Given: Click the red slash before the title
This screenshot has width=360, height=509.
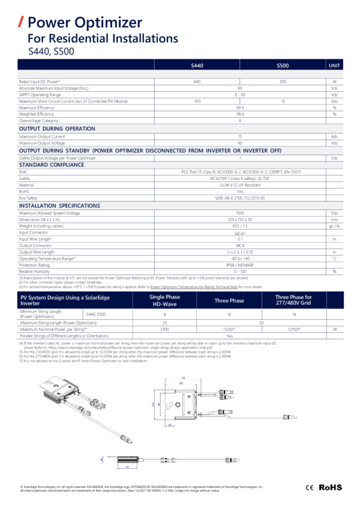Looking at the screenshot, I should (x=22, y=23).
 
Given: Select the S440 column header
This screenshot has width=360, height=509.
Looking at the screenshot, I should (x=197, y=65).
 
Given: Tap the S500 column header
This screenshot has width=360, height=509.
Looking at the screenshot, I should (x=283, y=65).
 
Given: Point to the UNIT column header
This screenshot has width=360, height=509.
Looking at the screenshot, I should (x=334, y=65).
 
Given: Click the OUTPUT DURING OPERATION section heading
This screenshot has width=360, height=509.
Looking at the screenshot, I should (x=57, y=129).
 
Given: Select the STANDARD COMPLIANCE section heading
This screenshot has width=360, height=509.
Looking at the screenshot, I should (x=52, y=164).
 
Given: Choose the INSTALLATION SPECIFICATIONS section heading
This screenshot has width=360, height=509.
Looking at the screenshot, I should (x=59, y=206).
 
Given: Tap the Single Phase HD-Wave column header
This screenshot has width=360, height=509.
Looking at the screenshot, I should (x=164, y=300).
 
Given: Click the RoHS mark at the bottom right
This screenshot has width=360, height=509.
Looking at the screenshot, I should (x=330, y=487).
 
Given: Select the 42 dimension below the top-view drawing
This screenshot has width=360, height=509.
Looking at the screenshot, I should (x=170, y=426).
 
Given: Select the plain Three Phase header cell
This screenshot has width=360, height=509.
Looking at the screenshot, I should (x=229, y=300).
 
